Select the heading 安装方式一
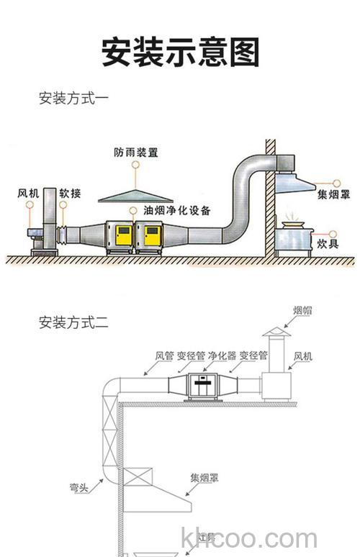[73, 98]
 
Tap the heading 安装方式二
[73, 322]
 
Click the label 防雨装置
[135, 153]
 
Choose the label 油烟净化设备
[177, 210]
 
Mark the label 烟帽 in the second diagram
[302, 311]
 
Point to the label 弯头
[79, 488]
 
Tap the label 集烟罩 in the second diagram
[204, 477]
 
